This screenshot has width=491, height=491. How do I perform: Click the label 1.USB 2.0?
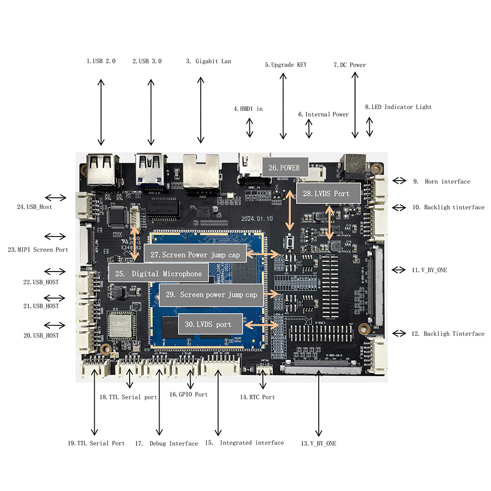click(x=101, y=61)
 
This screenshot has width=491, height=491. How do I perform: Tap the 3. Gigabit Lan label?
click(x=208, y=61)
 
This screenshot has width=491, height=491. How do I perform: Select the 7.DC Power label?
click(x=350, y=65)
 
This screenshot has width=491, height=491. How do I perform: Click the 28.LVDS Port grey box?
click(x=329, y=193)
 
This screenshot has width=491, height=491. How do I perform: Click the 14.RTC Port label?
click(x=257, y=397)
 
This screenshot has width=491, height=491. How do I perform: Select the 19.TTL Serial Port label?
click(x=96, y=443)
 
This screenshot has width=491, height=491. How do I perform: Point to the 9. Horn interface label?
click(x=441, y=182)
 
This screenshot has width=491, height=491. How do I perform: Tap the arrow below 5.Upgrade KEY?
click(x=283, y=106)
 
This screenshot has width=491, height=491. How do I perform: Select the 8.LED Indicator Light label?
click(x=398, y=107)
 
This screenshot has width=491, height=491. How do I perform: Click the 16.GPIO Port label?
click(x=189, y=394)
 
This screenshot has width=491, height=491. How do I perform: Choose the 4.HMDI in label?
click(x=248, y=109)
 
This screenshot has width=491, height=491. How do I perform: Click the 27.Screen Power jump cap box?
click(x=194, y=255)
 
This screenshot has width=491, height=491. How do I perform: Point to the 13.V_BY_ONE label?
click(x=319, y=443)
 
